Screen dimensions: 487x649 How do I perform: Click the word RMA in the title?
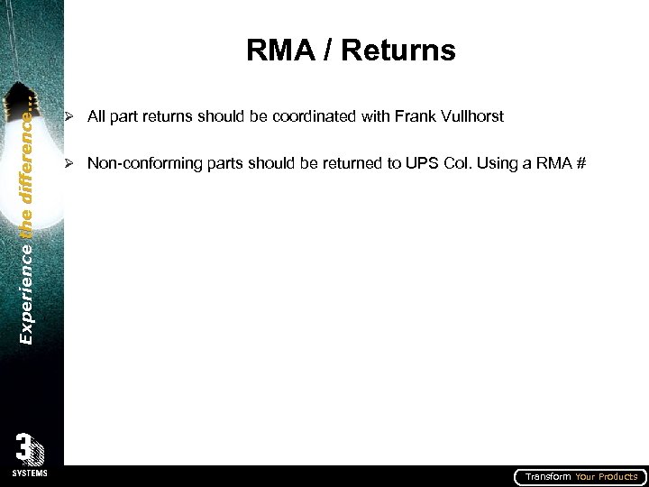point(276,51)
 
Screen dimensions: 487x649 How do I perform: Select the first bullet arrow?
point(68,116)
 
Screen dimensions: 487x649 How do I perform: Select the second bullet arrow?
point(68,163)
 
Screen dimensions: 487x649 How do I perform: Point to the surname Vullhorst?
point(470,116)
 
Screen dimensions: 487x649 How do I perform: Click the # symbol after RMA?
point(580,163)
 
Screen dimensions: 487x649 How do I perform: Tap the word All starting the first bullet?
point(96,116)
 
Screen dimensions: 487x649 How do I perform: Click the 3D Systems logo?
point(30,449)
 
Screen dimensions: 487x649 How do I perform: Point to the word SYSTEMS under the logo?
point(30,473)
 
